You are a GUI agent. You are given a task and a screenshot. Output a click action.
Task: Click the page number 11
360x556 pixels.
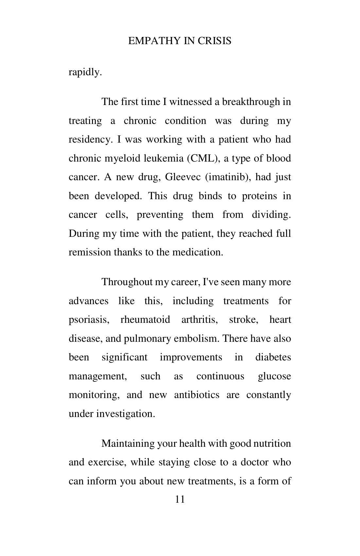[x=180, y=499]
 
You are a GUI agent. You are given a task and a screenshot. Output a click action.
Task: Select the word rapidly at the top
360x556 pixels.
[x=85, y=72]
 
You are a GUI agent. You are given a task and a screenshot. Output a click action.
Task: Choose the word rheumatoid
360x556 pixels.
[x=145, y=320]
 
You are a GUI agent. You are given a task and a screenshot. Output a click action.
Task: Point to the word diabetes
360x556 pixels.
[x=273, y=357]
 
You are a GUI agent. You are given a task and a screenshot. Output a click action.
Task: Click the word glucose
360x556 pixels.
[x=274, y=376]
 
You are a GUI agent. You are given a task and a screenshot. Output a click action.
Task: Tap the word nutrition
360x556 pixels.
[x=272, y=444]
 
